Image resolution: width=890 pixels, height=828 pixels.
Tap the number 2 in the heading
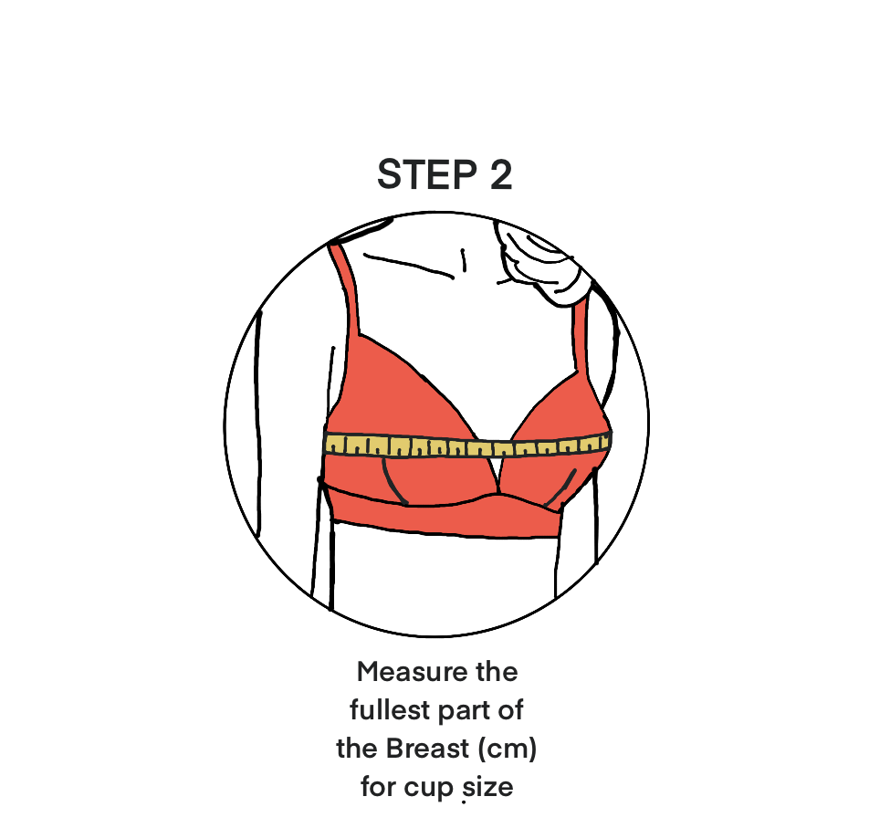click(x=500, y=175)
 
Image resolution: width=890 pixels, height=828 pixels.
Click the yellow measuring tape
click(x=466, y=446)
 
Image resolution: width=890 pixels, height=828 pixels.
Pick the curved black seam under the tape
click(x=393, y=482)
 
